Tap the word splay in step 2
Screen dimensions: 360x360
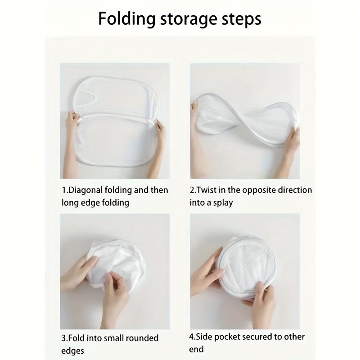223,203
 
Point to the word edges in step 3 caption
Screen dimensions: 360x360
73,351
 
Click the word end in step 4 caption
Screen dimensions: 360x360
196,349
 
